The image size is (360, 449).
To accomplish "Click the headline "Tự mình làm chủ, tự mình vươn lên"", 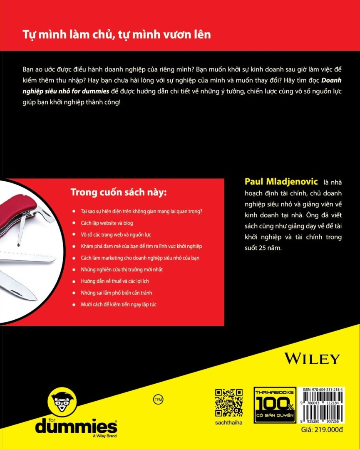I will pyautogui.click(x=117, y=35).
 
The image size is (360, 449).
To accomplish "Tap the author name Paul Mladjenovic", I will pyautogui.click(x=282, y=181).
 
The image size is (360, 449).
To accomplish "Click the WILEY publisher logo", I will pyautogui.click(x=313, y=358).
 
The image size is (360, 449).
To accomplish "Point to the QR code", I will pyautogui.click(x=229, y=403).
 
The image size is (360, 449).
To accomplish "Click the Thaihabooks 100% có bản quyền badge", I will pyautogui.click(x=275, y=405).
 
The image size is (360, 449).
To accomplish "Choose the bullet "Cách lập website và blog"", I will pyautogui.click(x=107, y=223).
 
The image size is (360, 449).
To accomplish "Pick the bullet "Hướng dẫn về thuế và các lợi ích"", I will pyautogui.click(x=115, y=281).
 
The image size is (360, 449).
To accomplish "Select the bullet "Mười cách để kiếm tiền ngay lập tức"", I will pyautogui.click(x=119, y=304).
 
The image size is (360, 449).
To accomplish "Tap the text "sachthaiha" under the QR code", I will pyautogui.click(x=229, y=423).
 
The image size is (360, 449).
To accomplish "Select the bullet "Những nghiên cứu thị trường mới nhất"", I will pyautogui.click(x=122, y=269).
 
